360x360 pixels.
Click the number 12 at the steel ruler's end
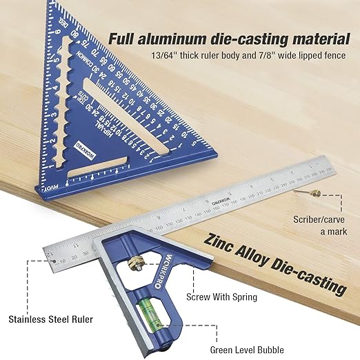tap(49, 254)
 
